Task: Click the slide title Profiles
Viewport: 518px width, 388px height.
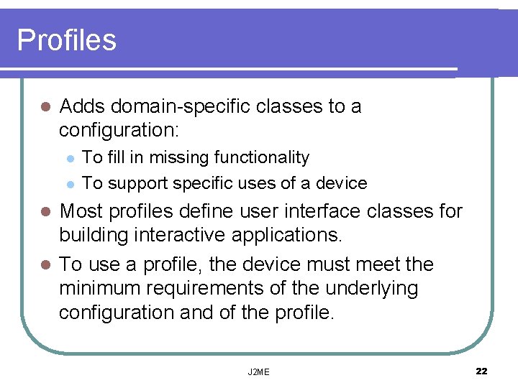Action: click(x=66, y=40)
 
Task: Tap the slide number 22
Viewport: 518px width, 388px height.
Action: click(x=481, y=371)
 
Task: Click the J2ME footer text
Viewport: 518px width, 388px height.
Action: click(x=258, y=371)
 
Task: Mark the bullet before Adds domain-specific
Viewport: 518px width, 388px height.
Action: click(x=45, y=108)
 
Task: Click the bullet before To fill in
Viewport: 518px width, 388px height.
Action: click(x=69, y=158)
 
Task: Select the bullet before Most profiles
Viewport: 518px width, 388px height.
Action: click(x=45, y=212)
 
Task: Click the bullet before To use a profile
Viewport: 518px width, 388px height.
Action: click(x=45, y=265)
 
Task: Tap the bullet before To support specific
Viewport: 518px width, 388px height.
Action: click(x=69, y=184)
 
